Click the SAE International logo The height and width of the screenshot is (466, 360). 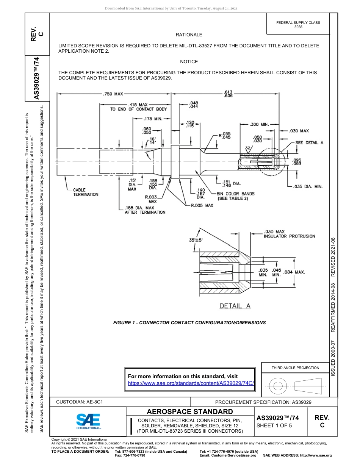coord(88,421)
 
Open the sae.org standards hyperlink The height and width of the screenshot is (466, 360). coord(191,383)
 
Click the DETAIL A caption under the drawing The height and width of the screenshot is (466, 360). coord(235,306)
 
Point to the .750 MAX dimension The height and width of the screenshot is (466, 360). coord(113,94)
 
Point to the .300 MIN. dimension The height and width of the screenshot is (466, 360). coord(259,124)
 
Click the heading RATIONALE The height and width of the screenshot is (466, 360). coord(189,35)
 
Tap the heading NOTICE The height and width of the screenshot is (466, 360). coord(189,61)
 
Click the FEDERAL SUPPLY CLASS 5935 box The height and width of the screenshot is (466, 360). coord(298,25)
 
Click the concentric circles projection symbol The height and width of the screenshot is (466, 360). coord(278,386)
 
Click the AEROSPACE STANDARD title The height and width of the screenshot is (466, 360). coord(189,412)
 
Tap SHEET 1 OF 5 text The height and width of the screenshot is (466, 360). coord(275,425)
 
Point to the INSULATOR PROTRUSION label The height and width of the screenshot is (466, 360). coord(289,236)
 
